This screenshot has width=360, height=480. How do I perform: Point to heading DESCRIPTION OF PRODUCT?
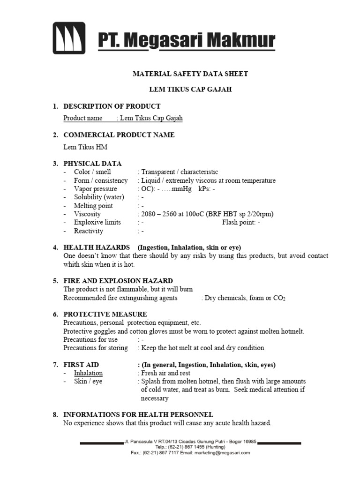112,106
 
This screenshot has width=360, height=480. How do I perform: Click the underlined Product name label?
83,118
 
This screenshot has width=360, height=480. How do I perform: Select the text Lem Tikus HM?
85,147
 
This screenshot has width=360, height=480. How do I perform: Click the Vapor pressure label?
95,189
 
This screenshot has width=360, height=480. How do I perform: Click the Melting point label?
93,206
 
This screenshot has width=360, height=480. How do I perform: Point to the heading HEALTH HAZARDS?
97,247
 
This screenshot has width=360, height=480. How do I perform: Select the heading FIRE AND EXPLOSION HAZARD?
118,281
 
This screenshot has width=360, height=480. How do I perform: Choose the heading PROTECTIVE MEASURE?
105,314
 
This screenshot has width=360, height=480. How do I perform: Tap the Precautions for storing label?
96,348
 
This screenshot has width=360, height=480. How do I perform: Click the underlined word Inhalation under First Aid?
88,373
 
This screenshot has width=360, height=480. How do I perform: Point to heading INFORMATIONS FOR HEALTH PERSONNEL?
138,414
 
